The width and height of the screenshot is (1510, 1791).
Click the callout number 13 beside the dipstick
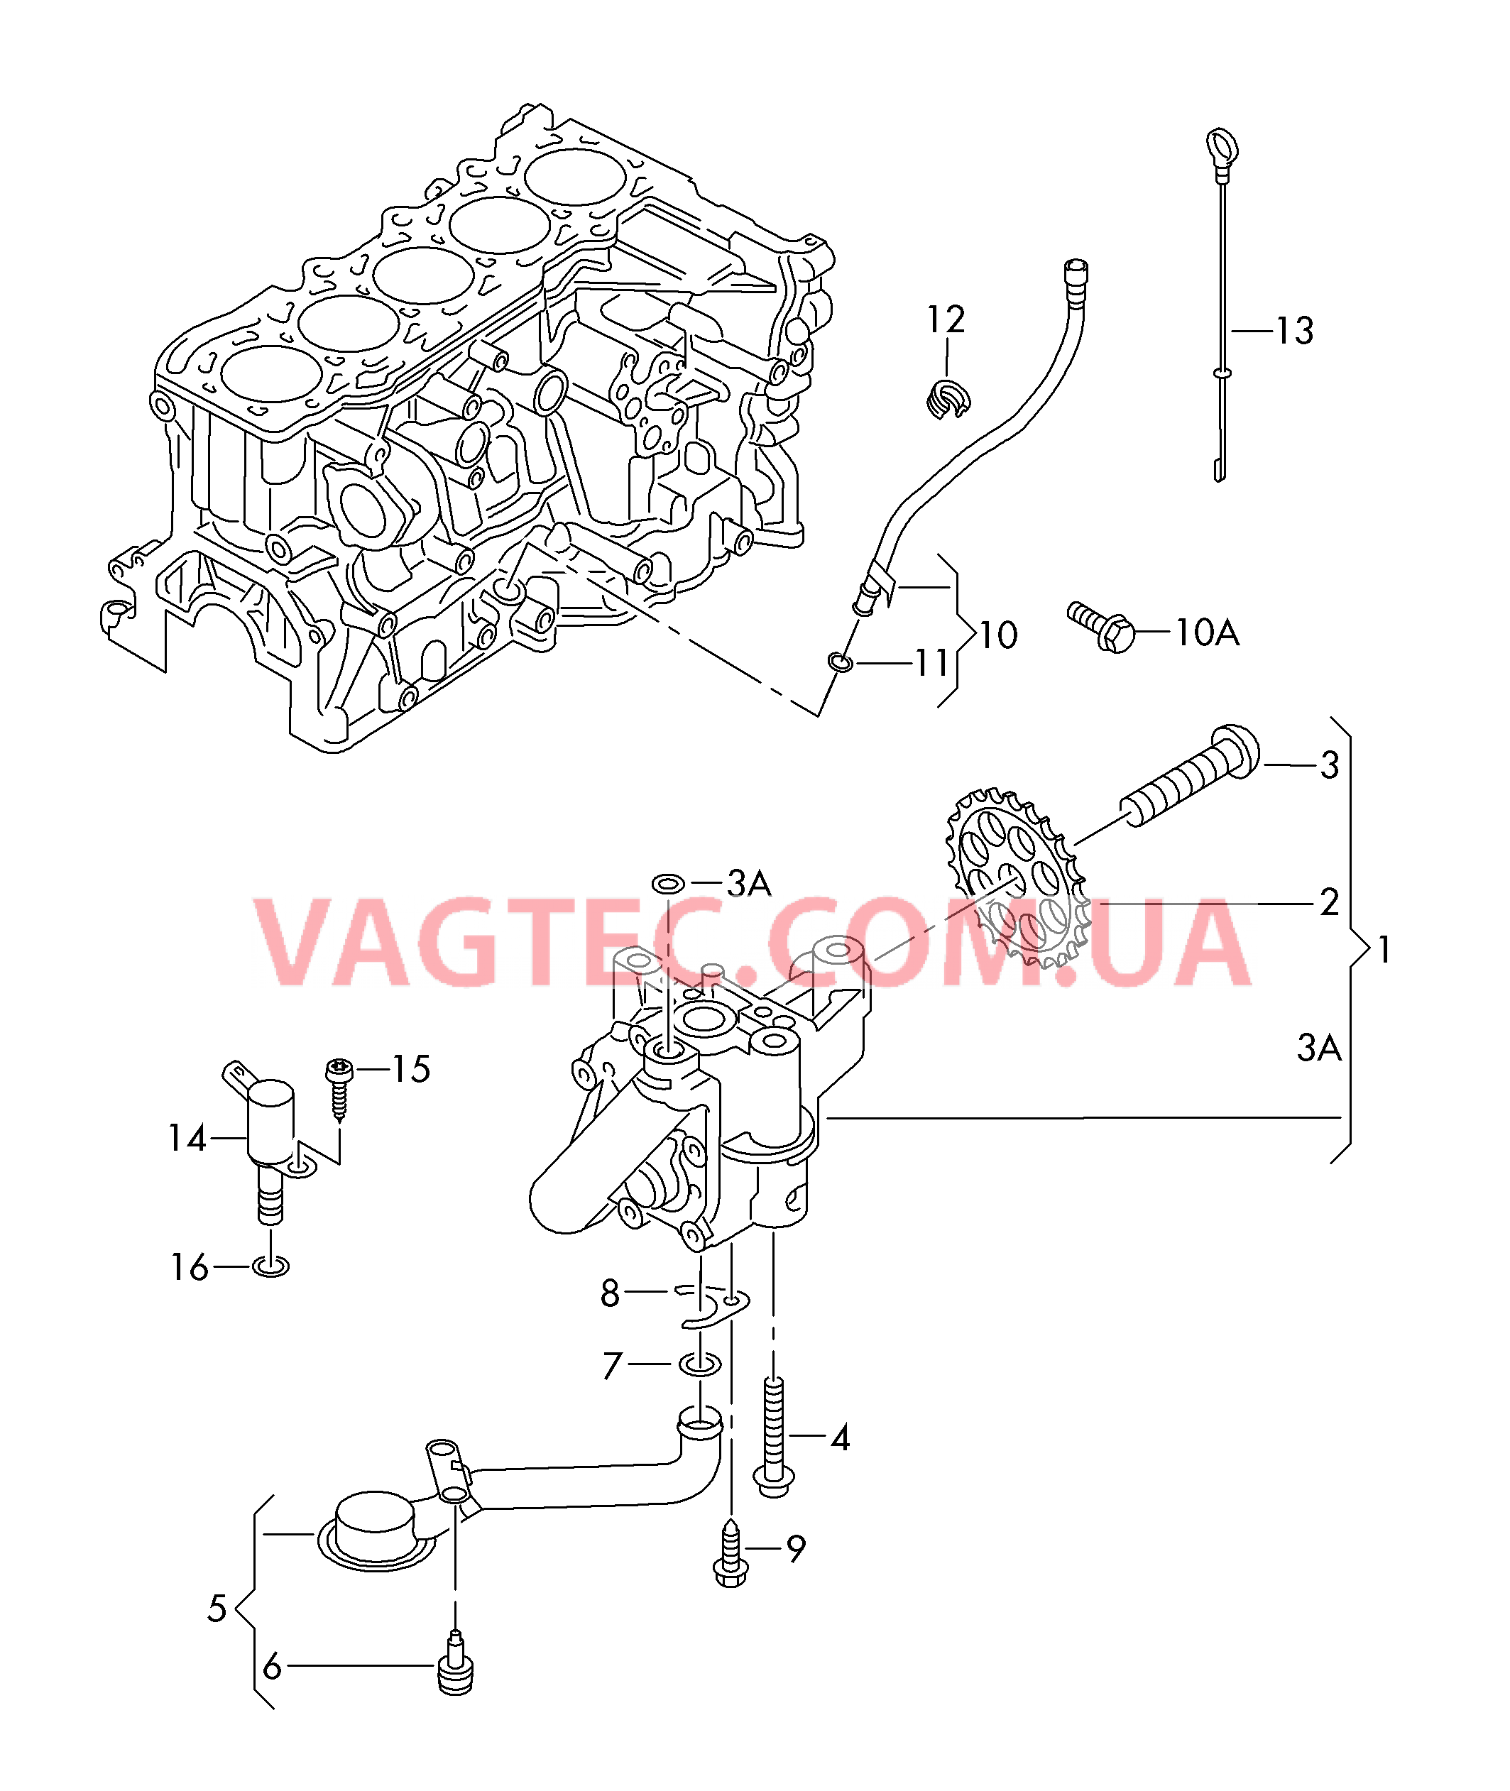click(x=1293, y=332)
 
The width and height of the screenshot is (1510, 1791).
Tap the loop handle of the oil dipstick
click(x=1222, y=146)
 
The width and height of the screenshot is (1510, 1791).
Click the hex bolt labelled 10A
click(x=1102, y=628)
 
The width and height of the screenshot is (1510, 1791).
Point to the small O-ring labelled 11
click(x=841, y=662)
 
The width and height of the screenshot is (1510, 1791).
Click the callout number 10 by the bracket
click(x=998, y=635)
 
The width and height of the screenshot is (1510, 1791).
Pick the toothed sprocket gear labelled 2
click(x=1016, y=879)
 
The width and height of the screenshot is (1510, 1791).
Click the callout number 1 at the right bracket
click(x=1384, y=950)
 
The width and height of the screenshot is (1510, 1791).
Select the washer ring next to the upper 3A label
click(x=668, y=883)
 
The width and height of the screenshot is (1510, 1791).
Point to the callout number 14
click(x=187, y=1138)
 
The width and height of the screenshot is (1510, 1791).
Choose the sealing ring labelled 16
click(x=271, y=1266)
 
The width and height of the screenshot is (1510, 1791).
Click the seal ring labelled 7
click(x=699, y=1364)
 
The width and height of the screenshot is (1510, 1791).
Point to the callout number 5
click(x=217, y=1609)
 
